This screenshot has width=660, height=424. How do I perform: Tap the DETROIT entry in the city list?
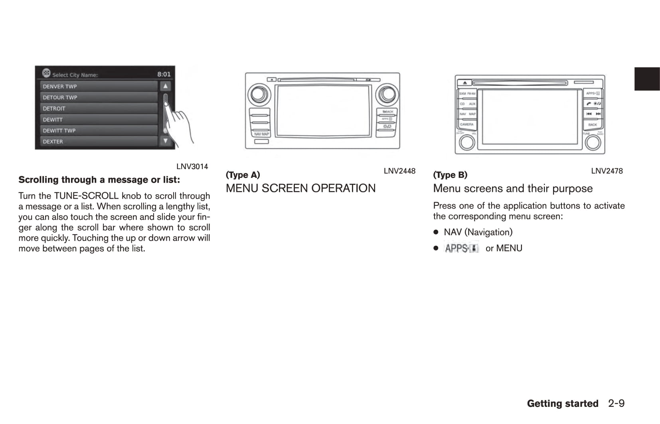[99, 108]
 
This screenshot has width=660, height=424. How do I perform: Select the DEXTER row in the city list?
[99, 142]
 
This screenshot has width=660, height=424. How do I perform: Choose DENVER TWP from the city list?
[99, 87]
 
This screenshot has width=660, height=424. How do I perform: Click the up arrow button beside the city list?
[165, 86]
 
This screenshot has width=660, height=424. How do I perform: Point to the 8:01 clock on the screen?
[164, 74]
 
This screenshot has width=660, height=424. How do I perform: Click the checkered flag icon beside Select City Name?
[46, 73]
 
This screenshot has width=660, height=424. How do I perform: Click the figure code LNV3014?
[192, 167]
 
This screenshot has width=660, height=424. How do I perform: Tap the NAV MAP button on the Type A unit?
[261, 134]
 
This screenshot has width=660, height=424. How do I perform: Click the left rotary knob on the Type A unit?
[259, 95]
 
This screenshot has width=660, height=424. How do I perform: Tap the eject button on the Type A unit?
[271, 79]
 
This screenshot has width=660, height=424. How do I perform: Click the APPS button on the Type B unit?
[593, 93]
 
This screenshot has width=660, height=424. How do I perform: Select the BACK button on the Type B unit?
[593, 124]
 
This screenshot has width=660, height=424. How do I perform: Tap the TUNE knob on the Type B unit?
[593, 142]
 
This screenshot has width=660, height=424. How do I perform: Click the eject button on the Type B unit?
[465, 83]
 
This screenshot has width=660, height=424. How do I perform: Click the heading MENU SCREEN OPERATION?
[300, 188]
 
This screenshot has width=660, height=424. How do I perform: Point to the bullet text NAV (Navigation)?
[478, 232]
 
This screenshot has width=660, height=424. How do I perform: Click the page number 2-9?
[616, 404]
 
